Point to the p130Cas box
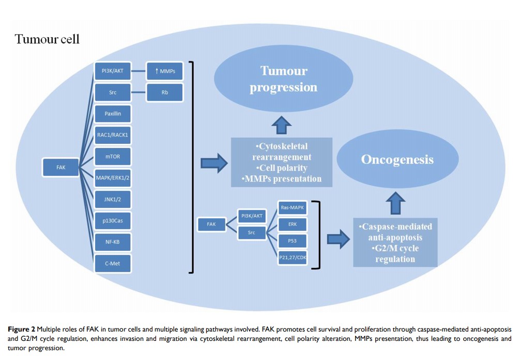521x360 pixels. (x=112, y=221)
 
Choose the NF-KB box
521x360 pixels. (x=112, y=242)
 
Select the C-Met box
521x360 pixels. (x=112, y=263)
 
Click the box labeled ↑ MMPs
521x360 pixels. (x=164, y=71)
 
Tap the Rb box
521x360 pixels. (x=164, y=93)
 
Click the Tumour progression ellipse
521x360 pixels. (x=283, y=79)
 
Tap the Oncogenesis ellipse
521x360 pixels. (x=397, y=159)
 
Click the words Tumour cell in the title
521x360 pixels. (x=47, y=40)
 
